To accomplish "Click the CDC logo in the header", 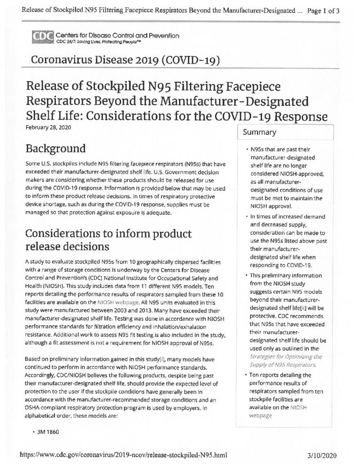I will pyautogui.click(x=42, y=36).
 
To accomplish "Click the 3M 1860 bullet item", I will pyautogui.click(x=47, y=431).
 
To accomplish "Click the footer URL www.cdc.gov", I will pyautogui.click(x=123, y=454).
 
